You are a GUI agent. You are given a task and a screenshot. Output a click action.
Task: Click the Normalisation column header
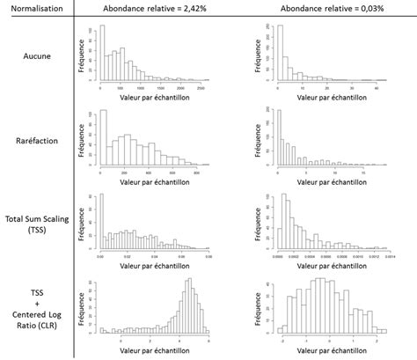click(x=36, y=8)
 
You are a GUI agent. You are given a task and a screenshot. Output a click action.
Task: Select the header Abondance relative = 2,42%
click(x=155, y=8)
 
